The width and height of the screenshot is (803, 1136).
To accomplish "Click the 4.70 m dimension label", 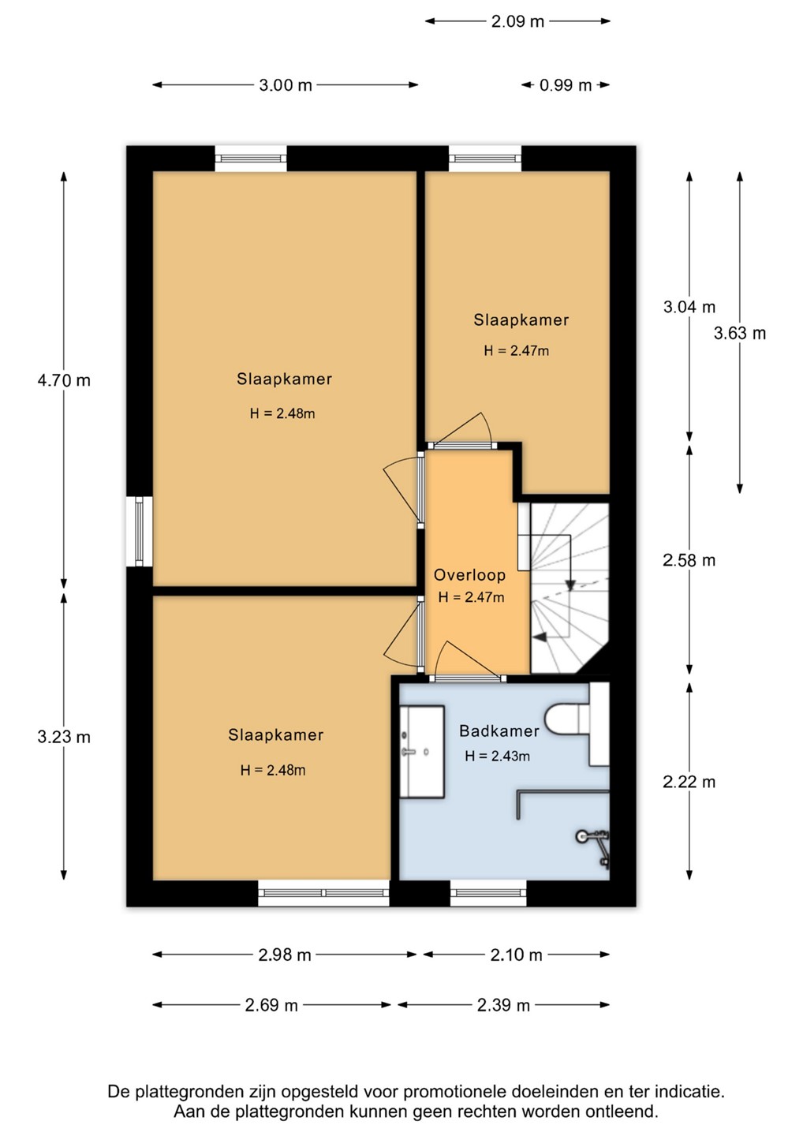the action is [x=64, y=380].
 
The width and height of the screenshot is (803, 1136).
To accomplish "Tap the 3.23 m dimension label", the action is [x=64, y=737].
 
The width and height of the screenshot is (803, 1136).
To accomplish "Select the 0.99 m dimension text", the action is [x=566, y=85].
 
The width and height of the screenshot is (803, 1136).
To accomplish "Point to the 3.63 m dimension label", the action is [x=740, y=333].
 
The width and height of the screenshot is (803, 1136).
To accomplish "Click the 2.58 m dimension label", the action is [x=689, y=560].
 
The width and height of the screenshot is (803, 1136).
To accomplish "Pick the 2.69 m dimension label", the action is [x=271, y=1005].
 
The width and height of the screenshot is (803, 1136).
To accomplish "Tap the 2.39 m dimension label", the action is [x=503, y=1005].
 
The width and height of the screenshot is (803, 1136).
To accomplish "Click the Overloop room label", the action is [x=469, y=575].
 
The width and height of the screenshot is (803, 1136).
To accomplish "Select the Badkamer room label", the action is [x=499, y=731].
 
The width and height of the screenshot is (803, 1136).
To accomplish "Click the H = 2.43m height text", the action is [x=497, y=756].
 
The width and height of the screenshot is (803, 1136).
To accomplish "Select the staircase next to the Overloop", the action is [x=570, y=589].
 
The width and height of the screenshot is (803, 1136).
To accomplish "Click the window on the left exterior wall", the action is [x=140, y=531].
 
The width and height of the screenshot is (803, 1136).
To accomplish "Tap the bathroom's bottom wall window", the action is [x=488, y=893].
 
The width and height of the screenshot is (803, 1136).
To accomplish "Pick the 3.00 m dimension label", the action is [x=286, y=85].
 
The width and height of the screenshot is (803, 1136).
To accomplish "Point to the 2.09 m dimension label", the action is [x=517, y=21].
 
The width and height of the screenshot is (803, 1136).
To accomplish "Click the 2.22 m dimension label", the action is [x=689, y=782].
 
